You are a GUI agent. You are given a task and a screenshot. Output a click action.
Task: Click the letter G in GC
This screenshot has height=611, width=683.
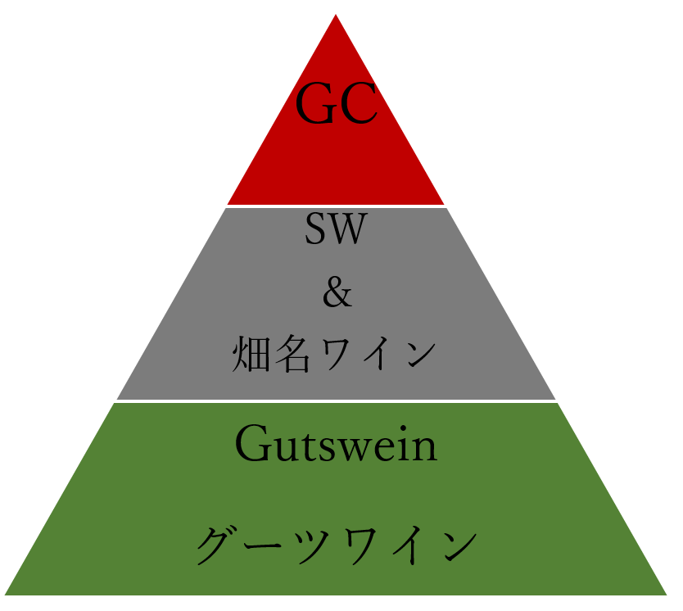point(315,102)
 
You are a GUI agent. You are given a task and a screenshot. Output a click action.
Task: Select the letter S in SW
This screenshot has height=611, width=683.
point(315,229)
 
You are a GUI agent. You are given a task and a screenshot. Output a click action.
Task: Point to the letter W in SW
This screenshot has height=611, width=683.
point(347,229)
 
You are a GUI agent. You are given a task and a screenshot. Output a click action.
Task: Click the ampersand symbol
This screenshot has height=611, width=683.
point(337,292)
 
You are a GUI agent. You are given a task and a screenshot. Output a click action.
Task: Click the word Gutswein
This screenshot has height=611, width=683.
point(337,443)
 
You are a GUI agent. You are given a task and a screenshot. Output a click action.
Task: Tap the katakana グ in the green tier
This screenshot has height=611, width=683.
point(218,545)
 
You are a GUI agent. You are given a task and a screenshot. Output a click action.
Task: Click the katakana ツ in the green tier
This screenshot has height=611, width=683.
point(312,546)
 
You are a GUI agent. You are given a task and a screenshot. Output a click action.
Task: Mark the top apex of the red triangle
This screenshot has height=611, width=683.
point(336,15)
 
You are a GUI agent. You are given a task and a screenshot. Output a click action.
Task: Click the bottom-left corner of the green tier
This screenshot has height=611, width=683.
point(5,595)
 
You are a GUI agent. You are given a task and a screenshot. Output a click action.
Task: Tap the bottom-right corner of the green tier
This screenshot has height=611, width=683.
point(667,595)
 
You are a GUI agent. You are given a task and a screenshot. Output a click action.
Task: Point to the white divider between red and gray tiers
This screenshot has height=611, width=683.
point(336,206)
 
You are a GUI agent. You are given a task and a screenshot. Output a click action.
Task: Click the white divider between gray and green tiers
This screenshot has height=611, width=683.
point(336,401)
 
